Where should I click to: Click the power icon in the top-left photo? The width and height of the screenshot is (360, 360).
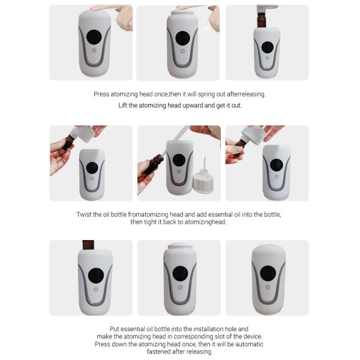tap(94, 50)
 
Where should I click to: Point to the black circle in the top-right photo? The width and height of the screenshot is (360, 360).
tap(268, 47)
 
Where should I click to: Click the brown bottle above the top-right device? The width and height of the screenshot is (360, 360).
tap(262, 20)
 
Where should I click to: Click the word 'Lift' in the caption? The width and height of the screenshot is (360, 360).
tap(123, 106)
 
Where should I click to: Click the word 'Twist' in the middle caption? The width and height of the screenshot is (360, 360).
tap(83, 214)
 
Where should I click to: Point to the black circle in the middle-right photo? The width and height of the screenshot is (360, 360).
tap(277, 164)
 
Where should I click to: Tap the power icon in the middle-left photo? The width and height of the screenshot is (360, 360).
tap(92, 178)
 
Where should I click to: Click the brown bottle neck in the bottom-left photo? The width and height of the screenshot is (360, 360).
tap(88, 245)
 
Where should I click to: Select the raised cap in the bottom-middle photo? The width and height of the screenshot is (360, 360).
tap(180, 246)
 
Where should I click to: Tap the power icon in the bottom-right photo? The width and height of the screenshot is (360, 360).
tap(268, 287)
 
